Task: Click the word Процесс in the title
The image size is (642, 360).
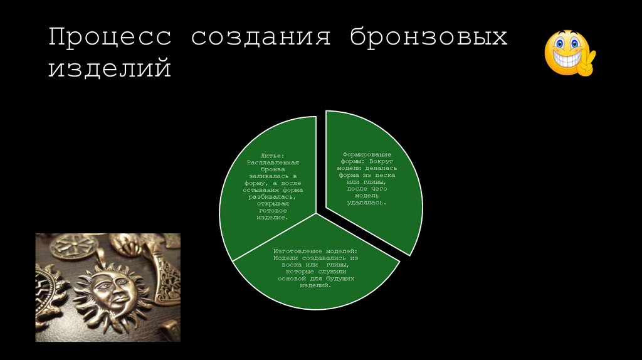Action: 110,37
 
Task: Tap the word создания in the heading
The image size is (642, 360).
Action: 261,37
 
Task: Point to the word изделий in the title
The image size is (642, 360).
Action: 110,68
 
